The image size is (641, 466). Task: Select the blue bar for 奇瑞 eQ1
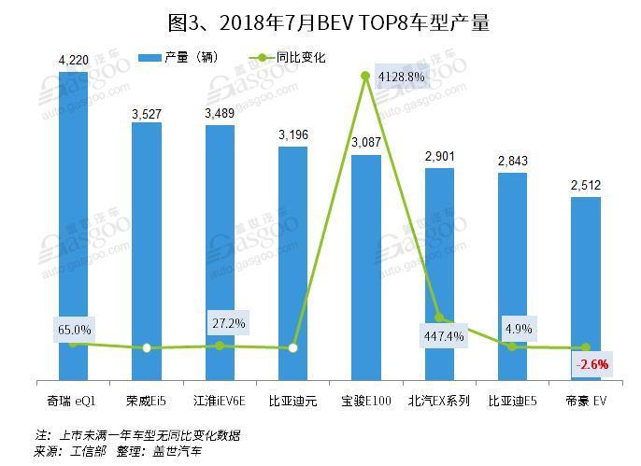pos(73,224)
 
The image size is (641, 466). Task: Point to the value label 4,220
pos(73,61)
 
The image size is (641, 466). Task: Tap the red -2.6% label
pos(592,364)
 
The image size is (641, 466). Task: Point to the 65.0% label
pos(75,329)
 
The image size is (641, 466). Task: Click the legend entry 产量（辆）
pos(184,57)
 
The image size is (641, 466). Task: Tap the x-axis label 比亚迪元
pos(293,402)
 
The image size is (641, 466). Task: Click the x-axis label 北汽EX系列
pos(439,402)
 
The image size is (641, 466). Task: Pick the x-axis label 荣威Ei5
pos(147,402)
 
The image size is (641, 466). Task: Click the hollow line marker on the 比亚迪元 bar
pos(293,348)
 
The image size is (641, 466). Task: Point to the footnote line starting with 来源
pos(118,451)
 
